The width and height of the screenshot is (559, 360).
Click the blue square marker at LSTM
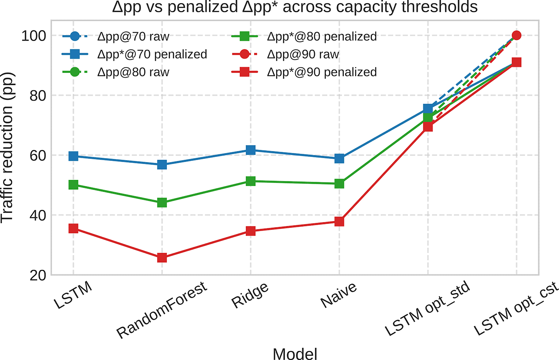click(x=73, y=156)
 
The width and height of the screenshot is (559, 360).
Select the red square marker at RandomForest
click(x=162, y=258)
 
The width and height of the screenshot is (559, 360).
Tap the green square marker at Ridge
click(x=251, y=181)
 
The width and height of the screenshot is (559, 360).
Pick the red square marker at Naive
click(x=339, y=221)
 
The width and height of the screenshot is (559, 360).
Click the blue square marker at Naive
click(x=339, y=158)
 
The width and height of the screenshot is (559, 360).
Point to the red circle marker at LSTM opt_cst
click(x=516, y=35)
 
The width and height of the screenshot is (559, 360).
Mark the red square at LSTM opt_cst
click(x=516, y=62)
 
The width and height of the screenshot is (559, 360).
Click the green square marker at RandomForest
click(x=162, y=203)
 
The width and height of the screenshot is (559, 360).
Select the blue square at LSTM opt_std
click(x=428, y=109)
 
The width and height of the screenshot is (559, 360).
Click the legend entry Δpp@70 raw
click(x=116, y=36)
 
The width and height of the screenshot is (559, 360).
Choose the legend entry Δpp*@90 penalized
click(x=304, y=72)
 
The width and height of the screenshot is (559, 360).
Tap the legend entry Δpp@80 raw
click(x=116, y=72)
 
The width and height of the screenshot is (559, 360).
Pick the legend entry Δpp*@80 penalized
click(x=304, y=36)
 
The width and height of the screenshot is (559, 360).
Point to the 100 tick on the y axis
click(x=34, y=36)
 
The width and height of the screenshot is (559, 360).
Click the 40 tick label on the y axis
click(x=38, y=215)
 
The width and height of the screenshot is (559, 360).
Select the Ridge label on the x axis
click(x=250, y=295)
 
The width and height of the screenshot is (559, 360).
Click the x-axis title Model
click(x=295, y=354)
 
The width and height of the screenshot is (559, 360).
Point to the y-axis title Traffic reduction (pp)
click(x=7, y=148)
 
